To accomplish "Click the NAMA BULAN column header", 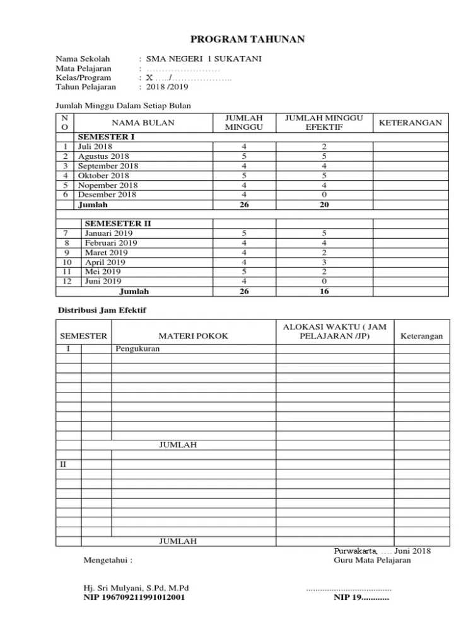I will [144, 122].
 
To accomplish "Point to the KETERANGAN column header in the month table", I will [410, 122].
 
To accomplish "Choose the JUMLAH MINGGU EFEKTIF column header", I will [324, 122].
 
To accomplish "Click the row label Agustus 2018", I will [103, 156].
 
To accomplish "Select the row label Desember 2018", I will [107, 195].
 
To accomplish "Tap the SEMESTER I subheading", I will [106, 137].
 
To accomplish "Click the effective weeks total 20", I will [324, 205].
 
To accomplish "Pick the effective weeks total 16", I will [324, 292].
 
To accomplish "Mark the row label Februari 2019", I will [111, 243].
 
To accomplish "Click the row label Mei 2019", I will [103, 272].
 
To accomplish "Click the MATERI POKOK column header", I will [194, 336].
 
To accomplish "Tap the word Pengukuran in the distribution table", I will [137, 348].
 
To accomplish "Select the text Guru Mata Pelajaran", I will [372, 560].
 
